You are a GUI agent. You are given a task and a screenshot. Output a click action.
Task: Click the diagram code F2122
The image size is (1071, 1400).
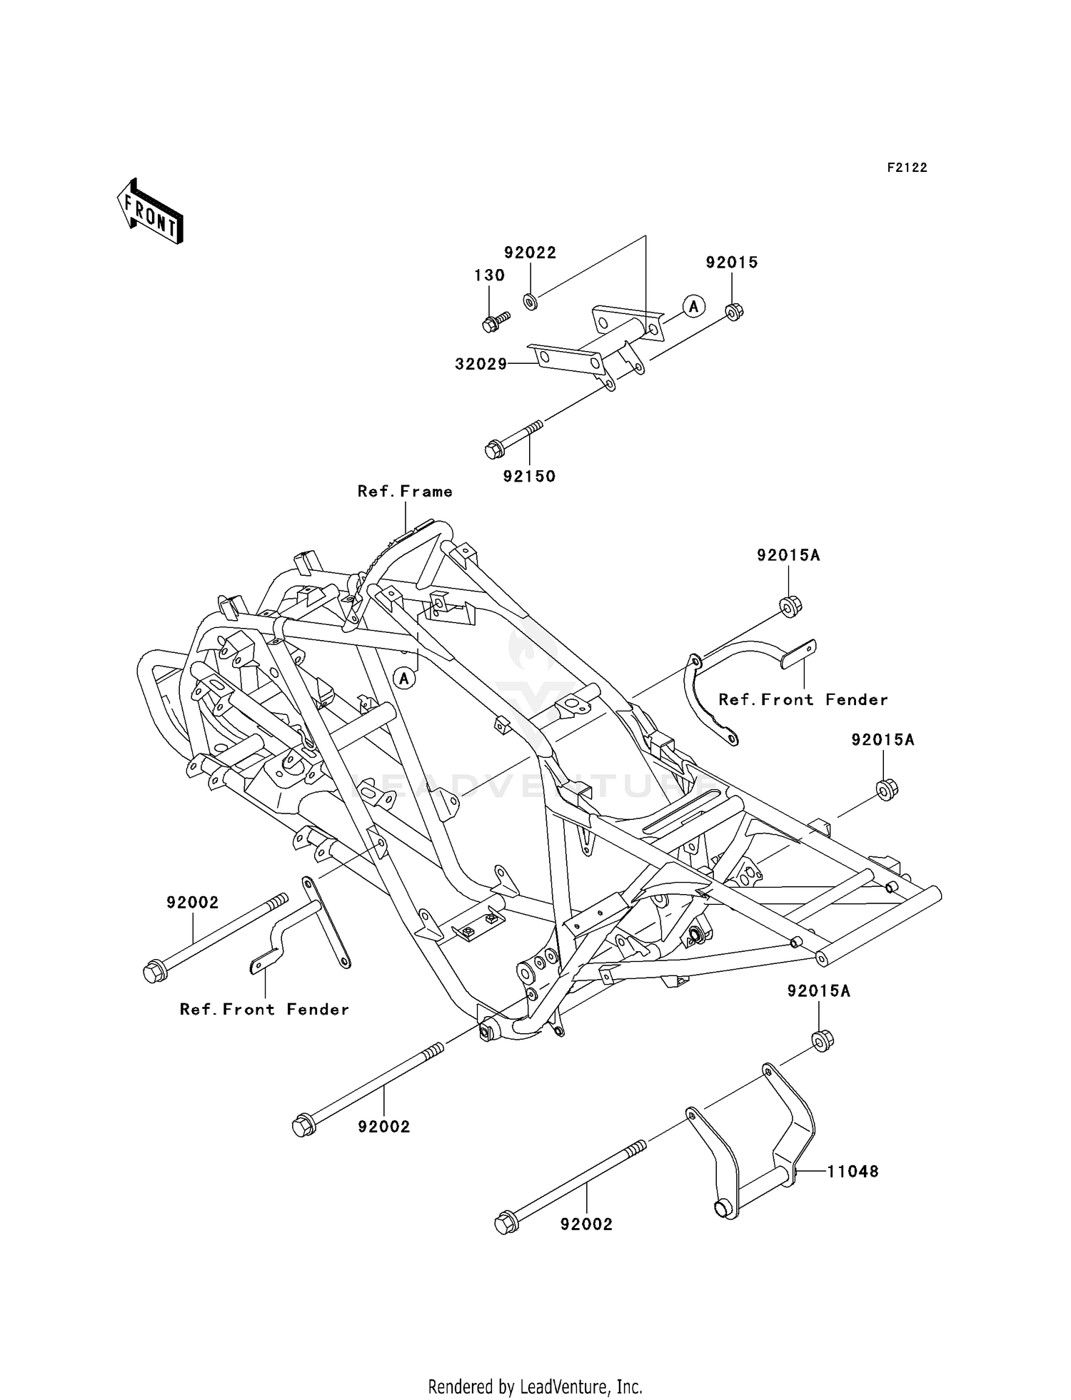pos(907,168)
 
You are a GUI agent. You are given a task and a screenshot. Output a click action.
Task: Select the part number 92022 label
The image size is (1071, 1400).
pos(530,253)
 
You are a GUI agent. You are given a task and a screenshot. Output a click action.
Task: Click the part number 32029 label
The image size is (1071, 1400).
pos(481,365)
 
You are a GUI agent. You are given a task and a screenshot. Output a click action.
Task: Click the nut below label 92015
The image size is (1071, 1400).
pos(733,311)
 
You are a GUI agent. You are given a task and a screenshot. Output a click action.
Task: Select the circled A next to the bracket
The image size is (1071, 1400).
pos(693,306)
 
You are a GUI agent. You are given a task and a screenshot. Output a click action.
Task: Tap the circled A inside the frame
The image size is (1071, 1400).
pos(404,677)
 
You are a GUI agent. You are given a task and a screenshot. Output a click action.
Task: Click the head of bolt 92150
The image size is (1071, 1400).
pos(492,450)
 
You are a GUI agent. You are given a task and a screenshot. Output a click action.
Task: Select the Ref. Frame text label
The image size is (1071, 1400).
pos(405,491)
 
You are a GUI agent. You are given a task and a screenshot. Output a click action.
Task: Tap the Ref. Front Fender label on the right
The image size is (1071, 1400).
pos(803,699)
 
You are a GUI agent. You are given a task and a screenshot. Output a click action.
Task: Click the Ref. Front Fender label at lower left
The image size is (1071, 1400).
pos(264,1009)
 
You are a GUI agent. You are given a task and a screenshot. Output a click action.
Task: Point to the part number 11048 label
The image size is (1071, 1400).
pos(853,1171)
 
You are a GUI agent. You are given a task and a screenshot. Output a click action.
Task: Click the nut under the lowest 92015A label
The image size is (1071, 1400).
pos(823,1040)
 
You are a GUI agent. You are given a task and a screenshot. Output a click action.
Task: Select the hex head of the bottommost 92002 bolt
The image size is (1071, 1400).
pos(504,1224)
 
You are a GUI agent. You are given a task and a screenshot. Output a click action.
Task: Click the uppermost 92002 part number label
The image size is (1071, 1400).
pos(192,903)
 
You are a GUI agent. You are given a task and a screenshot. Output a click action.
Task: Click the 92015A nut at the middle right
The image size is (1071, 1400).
pos(886,790)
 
